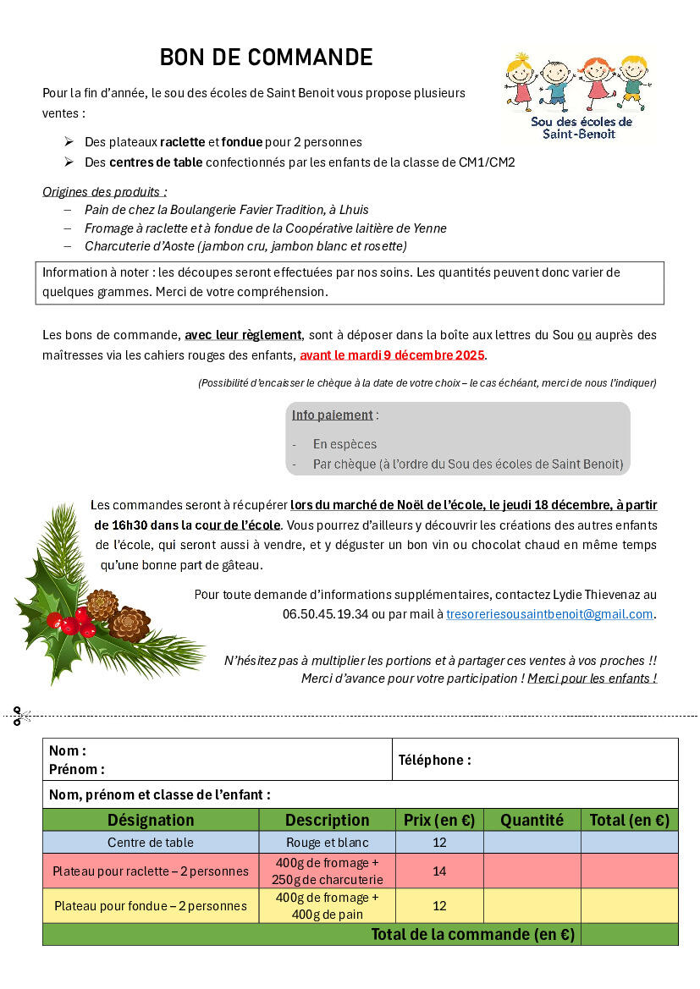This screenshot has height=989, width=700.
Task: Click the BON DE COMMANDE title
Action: (266, 58)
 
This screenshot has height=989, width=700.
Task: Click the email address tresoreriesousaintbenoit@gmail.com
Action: (549, 614)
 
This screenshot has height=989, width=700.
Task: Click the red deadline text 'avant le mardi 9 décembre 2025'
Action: (393, 354)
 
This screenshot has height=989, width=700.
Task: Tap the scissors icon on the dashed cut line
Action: (21, 716)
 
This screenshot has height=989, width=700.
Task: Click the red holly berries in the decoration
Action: (71, 624)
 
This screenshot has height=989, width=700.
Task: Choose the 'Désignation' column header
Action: (151, 820)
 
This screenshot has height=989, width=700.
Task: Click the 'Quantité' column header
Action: (532, 820)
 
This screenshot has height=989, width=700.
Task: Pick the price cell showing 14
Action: (439, 871)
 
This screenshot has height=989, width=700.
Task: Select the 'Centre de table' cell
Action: (151, 843)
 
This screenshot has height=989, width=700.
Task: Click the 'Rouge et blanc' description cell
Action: (327, 843)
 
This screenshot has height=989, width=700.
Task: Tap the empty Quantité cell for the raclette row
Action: (532, 871)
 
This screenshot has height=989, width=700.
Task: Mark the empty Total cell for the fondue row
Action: (629, 905)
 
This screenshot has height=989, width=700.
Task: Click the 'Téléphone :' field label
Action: (434, 760)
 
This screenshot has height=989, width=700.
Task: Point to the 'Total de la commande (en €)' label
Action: (472, 934)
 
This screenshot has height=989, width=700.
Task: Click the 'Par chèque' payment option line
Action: (467, 464)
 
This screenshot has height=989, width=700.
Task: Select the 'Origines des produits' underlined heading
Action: (105, 191)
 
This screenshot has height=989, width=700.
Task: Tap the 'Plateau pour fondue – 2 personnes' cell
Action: (151, 905)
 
